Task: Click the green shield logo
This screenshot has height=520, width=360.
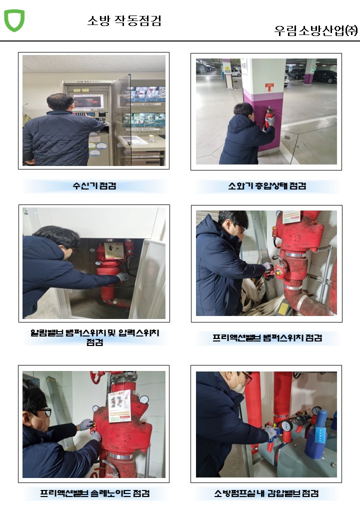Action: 14,20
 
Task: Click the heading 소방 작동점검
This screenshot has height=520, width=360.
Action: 124,21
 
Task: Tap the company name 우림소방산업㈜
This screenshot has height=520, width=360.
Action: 316,30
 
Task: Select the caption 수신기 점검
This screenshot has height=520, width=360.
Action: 94,185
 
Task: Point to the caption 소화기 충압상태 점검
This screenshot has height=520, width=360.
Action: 267,185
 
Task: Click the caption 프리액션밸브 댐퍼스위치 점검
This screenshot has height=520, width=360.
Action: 267,338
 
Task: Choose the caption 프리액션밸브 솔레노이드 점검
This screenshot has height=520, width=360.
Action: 95,493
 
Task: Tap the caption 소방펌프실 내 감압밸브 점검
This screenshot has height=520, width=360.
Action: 266,493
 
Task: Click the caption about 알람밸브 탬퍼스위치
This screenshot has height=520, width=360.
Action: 95,337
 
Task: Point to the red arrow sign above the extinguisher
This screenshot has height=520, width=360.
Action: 269,87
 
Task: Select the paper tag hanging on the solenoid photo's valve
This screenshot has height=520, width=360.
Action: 119,406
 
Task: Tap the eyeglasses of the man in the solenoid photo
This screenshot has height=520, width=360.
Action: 44,412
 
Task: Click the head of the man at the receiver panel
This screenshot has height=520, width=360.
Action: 60,103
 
